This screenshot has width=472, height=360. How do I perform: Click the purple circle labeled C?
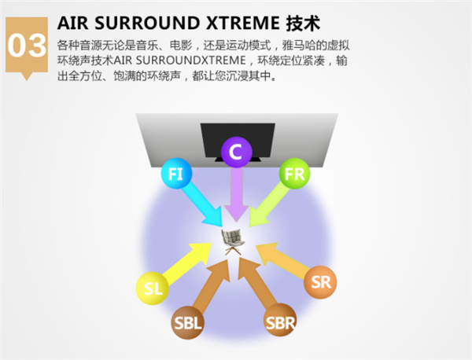click(x=236, y=152)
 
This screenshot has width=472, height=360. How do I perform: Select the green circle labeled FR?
click(x=296, y=174)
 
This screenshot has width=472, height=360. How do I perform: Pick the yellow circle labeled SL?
click(x=153, y=288)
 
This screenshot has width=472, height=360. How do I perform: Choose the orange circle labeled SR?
click(x=321, y=282)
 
